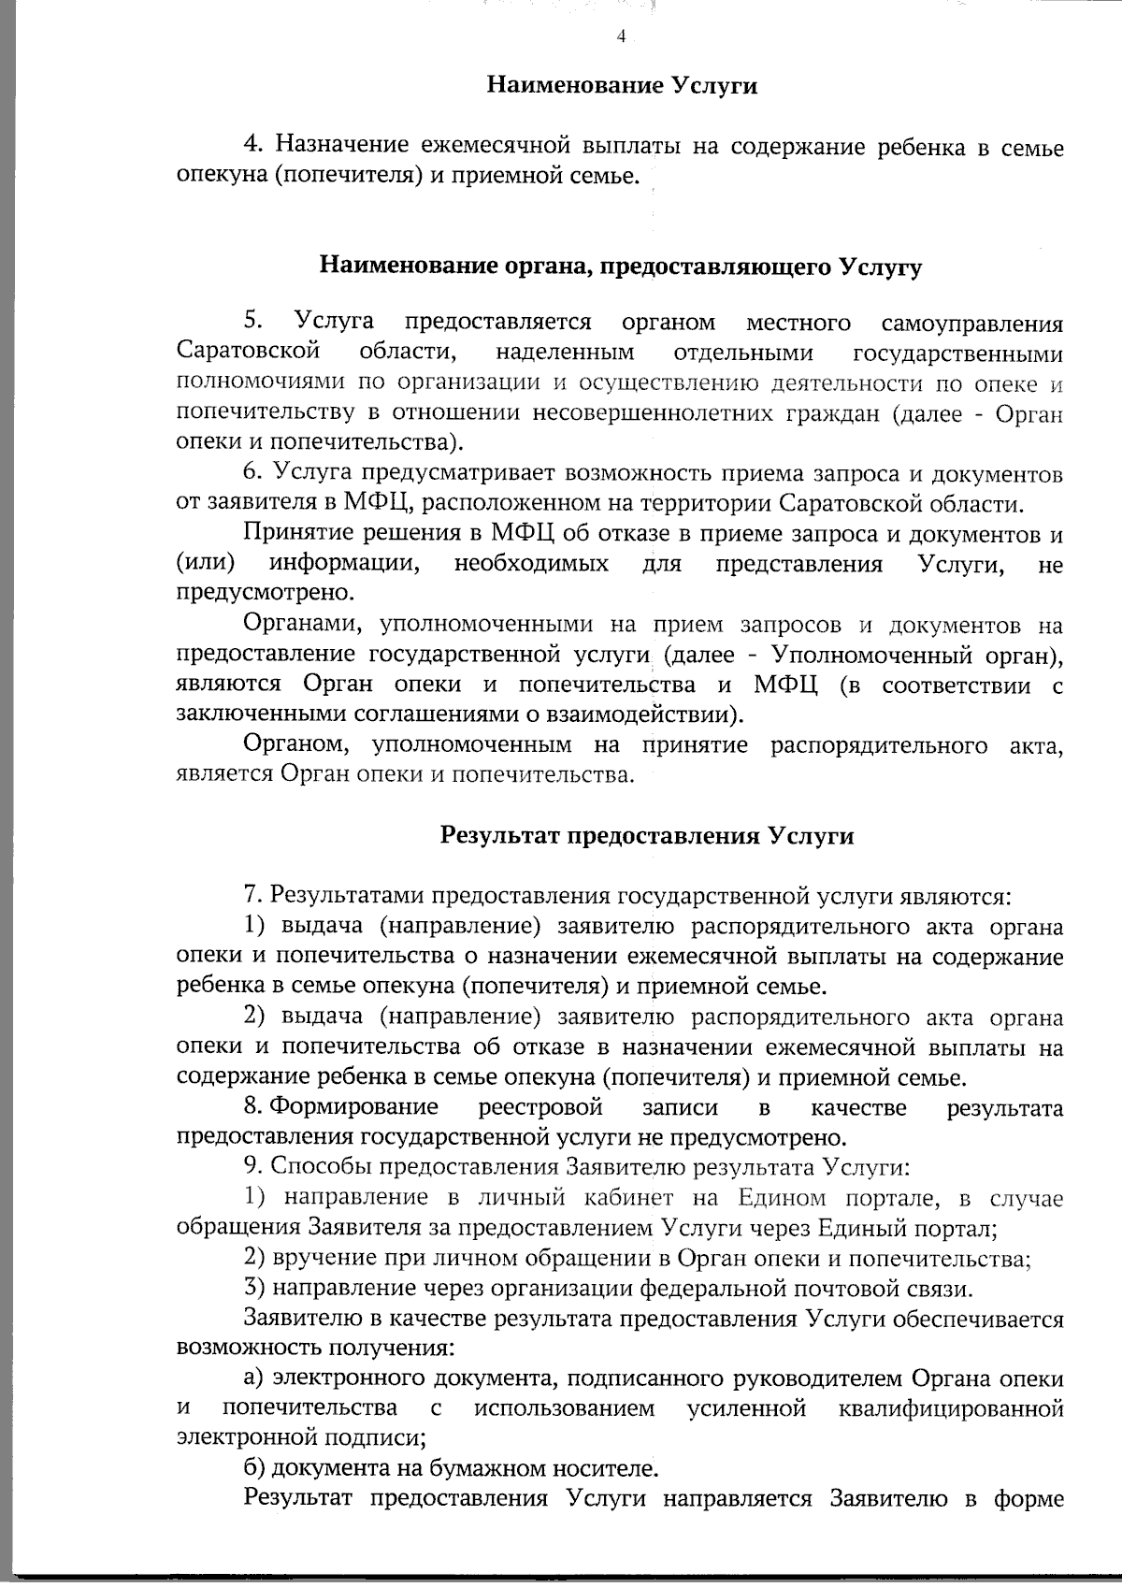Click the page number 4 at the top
pos(621,37)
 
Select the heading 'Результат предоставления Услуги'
pos(647,835)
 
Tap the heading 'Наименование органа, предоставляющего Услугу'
pos(621,267)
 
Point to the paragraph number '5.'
pos(253,322)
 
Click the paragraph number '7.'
pos(252,896)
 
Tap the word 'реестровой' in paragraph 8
pos(540,1108)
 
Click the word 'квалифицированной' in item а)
pos(951,1408)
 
